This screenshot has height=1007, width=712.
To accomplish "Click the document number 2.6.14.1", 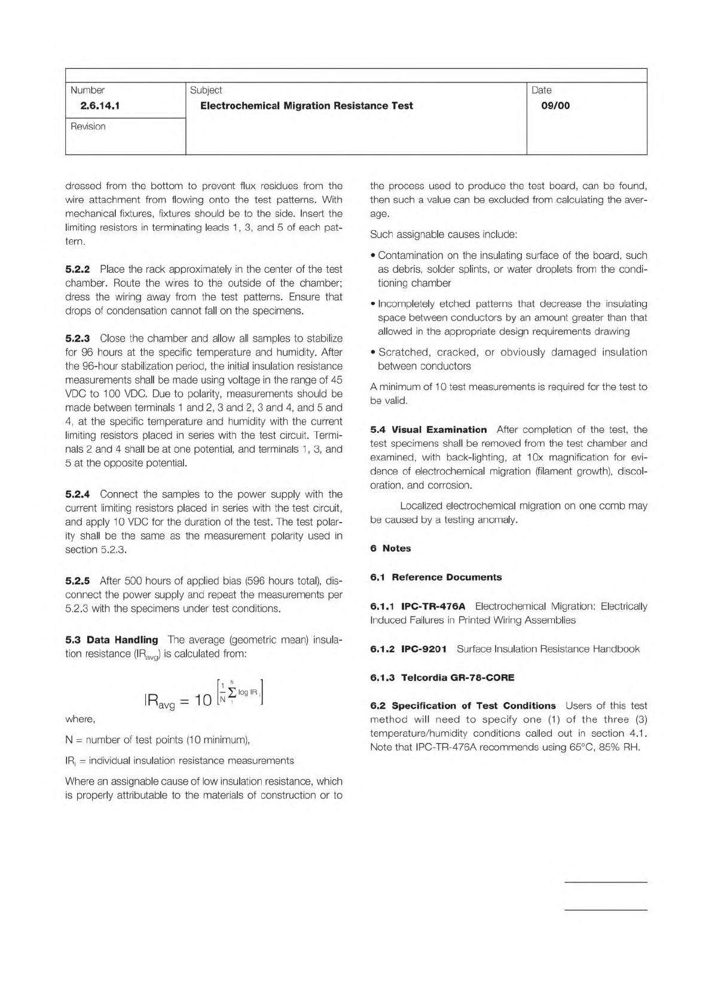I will tap(96, 106).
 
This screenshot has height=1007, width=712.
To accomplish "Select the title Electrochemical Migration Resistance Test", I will tap(307, 106).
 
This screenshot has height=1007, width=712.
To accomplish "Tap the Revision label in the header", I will tap(88, 126).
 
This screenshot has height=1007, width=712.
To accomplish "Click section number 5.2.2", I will tap(78, 269).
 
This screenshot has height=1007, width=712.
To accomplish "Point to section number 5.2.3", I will tap(78, 338).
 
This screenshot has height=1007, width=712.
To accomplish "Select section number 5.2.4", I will tap(78, 495).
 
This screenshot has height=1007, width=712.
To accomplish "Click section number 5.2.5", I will tap(78, 581).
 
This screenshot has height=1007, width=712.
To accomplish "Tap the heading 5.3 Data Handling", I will tap(112, 640).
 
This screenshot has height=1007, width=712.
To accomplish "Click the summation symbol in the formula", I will tap(231, 692).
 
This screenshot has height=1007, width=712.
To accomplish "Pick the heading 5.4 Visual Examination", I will tap(429, 430).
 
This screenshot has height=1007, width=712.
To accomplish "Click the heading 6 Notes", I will tap(390, 548).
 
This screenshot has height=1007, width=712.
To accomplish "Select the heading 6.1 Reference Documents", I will tap(436, 577).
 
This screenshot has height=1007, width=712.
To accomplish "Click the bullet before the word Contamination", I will tap(373, 256).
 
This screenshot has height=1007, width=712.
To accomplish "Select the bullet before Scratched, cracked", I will tap(373, 353).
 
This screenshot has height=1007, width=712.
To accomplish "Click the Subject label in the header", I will tap(206, 90).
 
